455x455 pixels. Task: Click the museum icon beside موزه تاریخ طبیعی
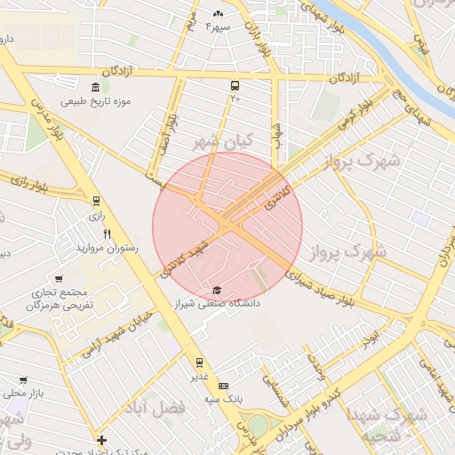click(x=106, y=86)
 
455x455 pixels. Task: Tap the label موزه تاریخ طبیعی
click(x=95, y=101)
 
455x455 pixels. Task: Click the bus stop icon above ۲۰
click(x=235, y=86)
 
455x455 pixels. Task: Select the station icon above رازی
click(x=96, y=201)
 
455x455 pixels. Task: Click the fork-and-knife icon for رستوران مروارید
click(x=107, y=234)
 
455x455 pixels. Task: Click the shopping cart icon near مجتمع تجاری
click(x=59, y=278)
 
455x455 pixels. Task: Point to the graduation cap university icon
click(x=218, y=290)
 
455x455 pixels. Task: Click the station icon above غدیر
click(x=200, y=362)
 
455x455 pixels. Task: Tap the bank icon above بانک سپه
click(x=223, y=386)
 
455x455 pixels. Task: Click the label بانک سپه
click(x=223, y=400)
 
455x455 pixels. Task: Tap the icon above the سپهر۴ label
click(x=219, y=13)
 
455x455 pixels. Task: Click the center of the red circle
click(x=227, y=227)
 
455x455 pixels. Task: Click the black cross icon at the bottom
click(x=102, y=439)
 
